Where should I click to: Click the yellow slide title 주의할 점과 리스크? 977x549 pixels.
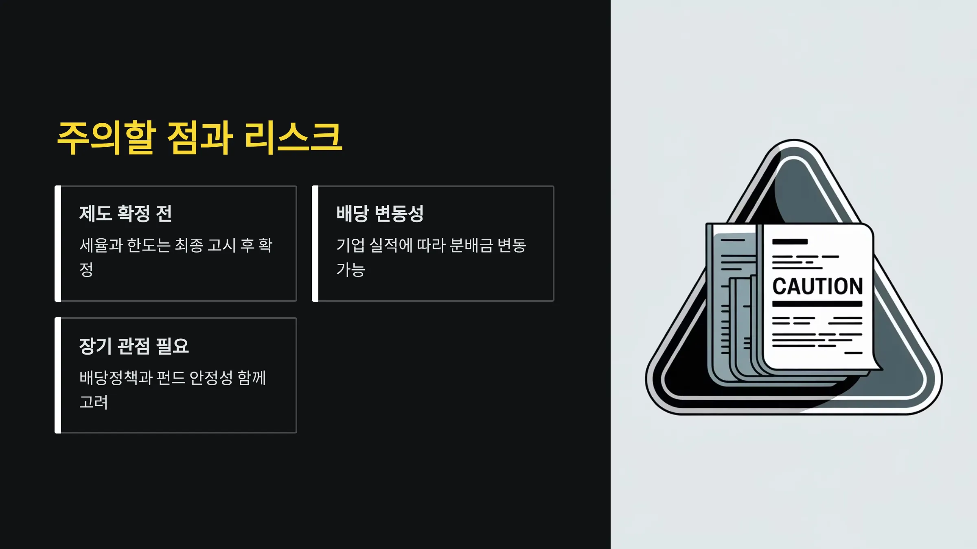[199, 138]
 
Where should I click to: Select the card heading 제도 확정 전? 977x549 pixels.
[125, 213]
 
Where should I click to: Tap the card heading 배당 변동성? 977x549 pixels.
[380, 213]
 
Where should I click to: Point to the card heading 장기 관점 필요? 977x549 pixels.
[134, 346]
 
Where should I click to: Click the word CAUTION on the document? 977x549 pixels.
[817, 286]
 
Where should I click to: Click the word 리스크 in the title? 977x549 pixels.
[293, 138]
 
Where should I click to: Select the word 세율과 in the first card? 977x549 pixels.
[101, 245]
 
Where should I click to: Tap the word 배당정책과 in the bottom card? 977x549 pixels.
[116, 378]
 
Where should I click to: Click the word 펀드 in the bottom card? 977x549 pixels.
[171, 378]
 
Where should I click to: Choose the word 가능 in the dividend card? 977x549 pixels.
[350, 270]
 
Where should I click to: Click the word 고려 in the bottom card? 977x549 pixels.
[94, 402]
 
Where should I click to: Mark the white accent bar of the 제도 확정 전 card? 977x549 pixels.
[58, 244]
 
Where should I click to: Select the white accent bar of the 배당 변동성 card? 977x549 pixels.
[315, 244]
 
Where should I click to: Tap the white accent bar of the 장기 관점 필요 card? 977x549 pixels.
[58, 375]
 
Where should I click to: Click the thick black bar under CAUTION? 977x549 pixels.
[817, 304]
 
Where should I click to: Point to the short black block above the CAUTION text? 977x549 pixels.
[790, 242]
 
